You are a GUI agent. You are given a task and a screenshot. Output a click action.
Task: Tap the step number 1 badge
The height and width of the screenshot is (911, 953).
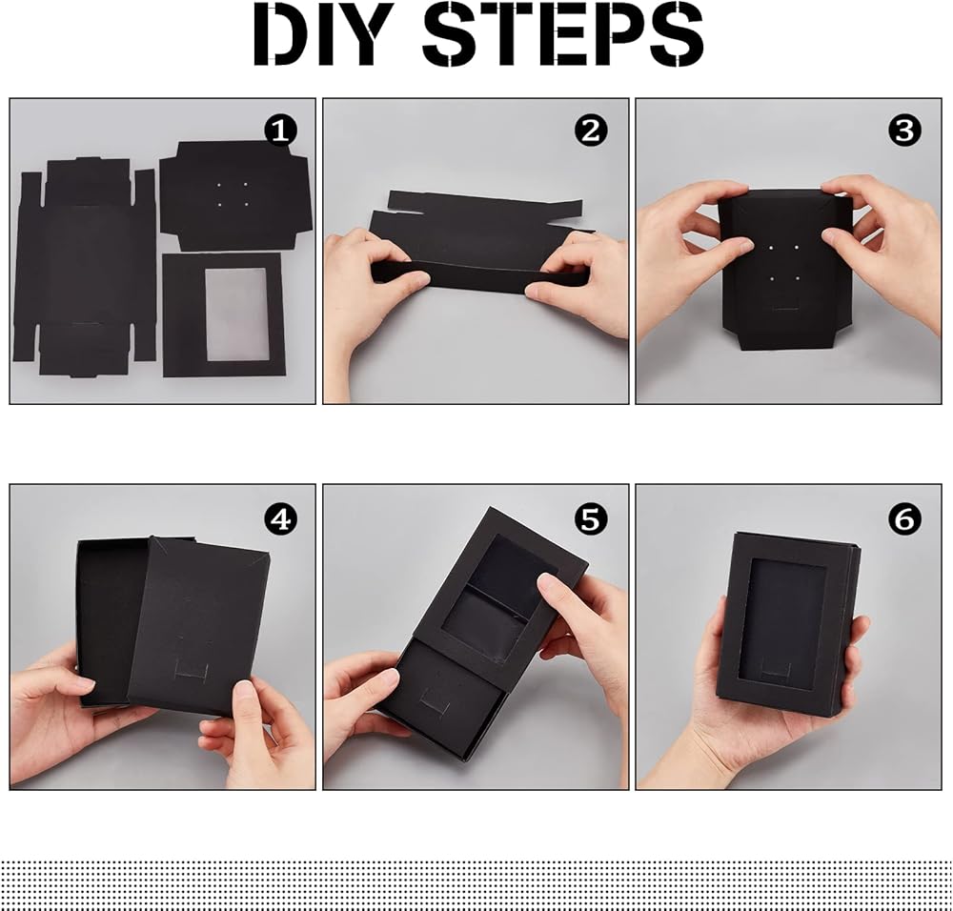pos(281,131)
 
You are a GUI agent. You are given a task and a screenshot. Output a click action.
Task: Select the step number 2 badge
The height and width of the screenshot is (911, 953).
pos(591,131)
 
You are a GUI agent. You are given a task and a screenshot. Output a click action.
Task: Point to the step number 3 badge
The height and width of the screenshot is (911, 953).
pos(904,131)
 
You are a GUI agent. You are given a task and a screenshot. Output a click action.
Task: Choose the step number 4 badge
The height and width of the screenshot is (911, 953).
pos(281,519)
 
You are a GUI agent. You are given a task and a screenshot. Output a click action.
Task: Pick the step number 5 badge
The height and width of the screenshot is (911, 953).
pos(591,519)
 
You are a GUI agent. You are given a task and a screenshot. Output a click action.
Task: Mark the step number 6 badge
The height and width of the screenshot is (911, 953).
pos(904,519)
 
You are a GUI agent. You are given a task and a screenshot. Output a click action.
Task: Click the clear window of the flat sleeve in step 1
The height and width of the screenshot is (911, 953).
pos(235,314)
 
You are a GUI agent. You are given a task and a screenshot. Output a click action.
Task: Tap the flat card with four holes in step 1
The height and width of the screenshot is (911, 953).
pos(235,195)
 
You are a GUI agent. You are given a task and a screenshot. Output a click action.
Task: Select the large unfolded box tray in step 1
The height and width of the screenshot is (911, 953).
pos(85,268)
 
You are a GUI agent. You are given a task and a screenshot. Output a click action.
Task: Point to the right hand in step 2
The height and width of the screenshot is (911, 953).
pos(580,284)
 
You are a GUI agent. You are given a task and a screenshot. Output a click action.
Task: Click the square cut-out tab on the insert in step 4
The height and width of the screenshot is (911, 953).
pos(193,670)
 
